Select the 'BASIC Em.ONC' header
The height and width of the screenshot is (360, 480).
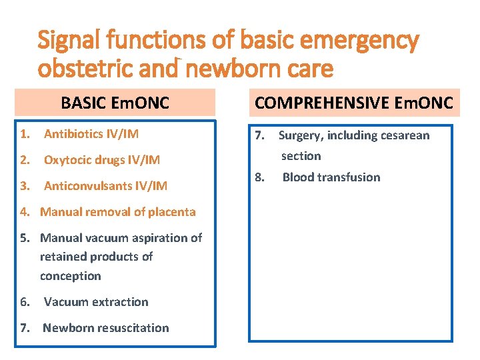tap(115, 103)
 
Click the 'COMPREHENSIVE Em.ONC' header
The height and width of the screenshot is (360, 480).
tap(354, 103)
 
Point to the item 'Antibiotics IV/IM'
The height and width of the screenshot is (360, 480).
tap(91, 134)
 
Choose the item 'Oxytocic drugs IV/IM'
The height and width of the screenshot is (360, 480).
tap(101, 160)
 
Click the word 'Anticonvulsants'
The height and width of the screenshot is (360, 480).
tap(85, 186)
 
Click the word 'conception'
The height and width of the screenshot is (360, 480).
tap(70, 276)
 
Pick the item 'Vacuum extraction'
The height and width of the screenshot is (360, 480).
tap(96, 302)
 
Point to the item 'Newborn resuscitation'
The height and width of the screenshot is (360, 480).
tap(105, 328)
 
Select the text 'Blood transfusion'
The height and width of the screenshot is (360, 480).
tap(331, 177)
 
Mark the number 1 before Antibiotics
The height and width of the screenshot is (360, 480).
tap(24, 134)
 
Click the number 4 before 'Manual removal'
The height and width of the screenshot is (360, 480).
tap(24, 212)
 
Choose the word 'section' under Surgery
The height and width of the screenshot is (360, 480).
tap(301, 156)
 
